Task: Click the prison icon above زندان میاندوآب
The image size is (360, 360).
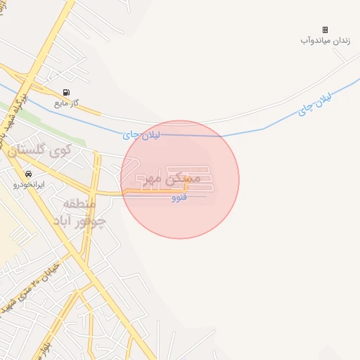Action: click(x=325, y=30)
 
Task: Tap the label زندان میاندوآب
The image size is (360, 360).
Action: click(x=324, y=40)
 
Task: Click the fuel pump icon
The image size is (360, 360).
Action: click(x=66, y=92)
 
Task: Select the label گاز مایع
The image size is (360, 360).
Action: click(x=66, y=103)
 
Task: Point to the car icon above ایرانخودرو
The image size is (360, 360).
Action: click(x=28, y=174)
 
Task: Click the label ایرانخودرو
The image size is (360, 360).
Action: click(x=29, y=185)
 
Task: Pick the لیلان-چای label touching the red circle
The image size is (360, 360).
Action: click(x=141, y=134)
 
